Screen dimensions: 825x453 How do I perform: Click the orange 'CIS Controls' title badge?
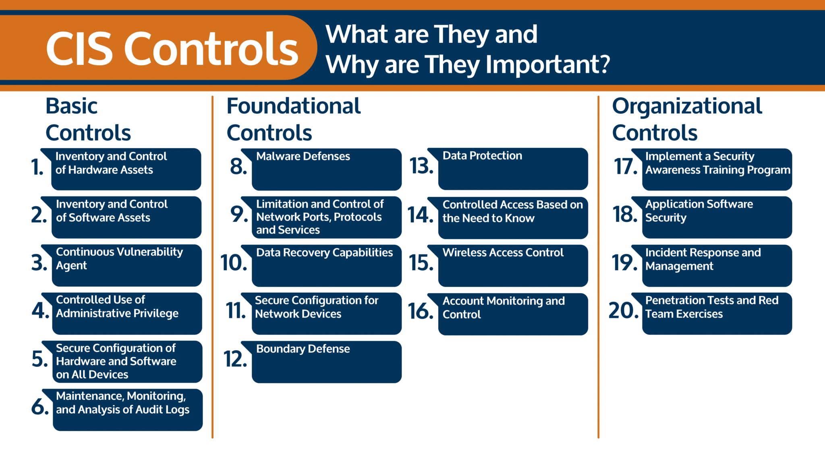(157, 48)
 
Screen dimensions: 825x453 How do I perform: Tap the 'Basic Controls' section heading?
(88, 119)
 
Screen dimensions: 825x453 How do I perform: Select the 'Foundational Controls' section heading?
(294, 119)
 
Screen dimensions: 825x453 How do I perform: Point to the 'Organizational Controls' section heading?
(687, 119)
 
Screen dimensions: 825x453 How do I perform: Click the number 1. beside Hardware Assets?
(37, 167)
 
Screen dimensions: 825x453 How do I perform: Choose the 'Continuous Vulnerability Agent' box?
(122, 265)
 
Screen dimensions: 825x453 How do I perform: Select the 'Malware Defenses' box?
(321, 169)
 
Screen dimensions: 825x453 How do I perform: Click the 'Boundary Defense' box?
(321, 362)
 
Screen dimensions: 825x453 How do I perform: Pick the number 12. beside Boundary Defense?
(235, 359)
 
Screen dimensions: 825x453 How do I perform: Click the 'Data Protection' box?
(508, 169)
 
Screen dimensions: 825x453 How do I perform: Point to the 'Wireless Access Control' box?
(508, 266)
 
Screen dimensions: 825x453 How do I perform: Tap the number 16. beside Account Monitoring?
(421, 311)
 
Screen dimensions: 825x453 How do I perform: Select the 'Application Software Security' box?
(712, 217)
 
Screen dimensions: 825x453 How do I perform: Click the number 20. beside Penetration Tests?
(624, 310)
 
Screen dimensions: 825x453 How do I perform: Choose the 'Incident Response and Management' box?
(712, 266)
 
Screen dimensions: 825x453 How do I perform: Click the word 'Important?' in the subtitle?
(548, 64)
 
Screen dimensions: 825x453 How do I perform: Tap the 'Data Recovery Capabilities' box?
(321, 266)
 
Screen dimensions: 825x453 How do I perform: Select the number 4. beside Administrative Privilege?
(40, 310)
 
